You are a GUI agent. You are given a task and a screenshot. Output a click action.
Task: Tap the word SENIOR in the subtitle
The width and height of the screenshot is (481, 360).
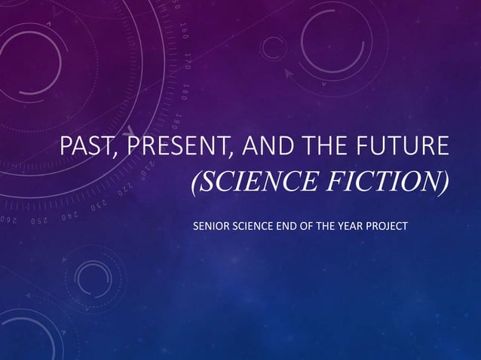(x=210, y=225)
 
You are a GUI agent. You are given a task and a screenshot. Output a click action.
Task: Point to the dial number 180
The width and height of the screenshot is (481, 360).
(x=184, y=90)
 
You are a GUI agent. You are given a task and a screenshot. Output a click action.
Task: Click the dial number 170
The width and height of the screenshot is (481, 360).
(x=185, y=59)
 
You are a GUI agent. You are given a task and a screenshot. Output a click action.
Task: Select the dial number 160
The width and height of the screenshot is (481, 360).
(x=183, y=29)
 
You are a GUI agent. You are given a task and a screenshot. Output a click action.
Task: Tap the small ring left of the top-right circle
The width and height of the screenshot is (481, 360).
(x=273, y=47)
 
